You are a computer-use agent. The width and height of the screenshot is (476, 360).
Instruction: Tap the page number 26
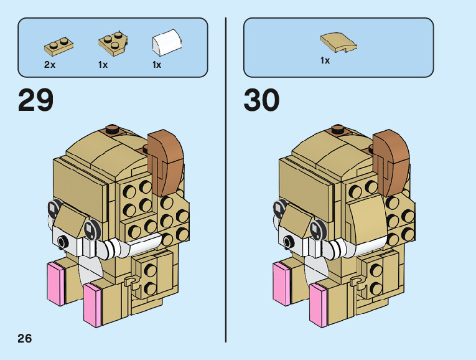click(24, 338)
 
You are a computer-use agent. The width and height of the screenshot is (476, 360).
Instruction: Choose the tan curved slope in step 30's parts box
click(338, 42)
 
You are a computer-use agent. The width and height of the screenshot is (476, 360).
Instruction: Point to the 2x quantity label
click(50, 65)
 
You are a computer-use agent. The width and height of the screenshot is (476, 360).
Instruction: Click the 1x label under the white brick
click(157, 65)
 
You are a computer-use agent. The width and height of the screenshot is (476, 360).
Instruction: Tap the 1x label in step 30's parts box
click(325, 60)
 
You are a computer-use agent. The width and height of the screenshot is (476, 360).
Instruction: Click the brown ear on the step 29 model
click(166, 159)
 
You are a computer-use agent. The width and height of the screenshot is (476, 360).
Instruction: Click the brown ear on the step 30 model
click(392, 159)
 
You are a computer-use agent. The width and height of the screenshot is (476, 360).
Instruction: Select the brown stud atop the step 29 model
click(112, 130)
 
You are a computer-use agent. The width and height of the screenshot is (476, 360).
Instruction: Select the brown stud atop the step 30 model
click(338, 130)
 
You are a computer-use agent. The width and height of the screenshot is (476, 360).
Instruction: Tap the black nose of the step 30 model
click(287, 240)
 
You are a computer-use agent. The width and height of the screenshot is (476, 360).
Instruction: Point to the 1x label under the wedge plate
click(103, 65)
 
